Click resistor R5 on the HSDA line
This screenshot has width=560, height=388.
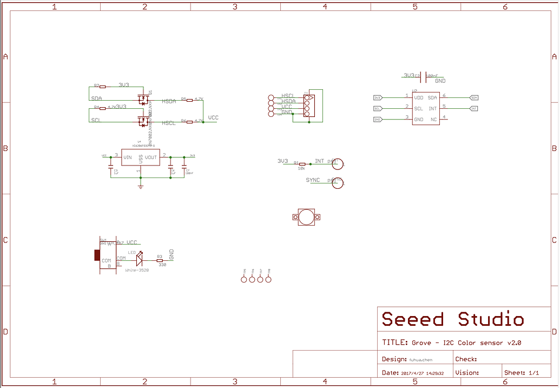[189, 100]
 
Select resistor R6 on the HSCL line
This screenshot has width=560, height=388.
[189, 122]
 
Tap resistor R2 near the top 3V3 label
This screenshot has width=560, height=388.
[103, 86]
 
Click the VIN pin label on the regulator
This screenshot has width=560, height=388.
[127, 157]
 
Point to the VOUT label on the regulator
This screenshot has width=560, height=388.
[151, 157]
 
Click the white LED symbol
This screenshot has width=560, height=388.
[139, 259]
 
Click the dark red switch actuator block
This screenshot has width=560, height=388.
[97, 255]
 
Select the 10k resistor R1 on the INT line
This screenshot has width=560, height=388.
[302, 163]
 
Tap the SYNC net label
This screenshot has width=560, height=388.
[313, 180]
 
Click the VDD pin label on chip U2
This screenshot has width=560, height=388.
[419, 97]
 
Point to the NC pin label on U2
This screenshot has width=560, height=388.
[433, 119]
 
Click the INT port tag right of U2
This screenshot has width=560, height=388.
[474, 108]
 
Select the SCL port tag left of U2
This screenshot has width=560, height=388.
[378, 108]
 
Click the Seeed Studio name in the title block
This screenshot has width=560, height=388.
[453, 319]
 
